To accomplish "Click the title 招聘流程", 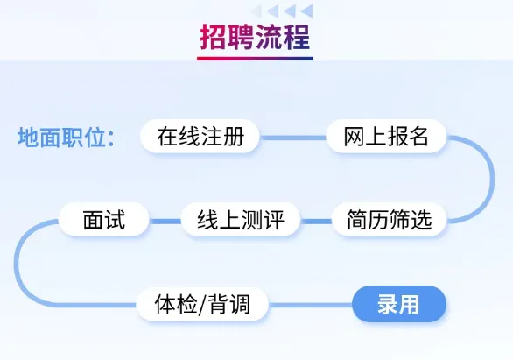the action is pos(255,37).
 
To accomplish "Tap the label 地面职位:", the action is pos(66,137).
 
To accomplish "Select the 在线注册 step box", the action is pos(200,136).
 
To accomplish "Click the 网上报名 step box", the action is pos(386,136).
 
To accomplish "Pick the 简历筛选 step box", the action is pos(390,219).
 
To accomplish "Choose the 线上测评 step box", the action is pos(241,219).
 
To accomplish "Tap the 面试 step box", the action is pos(103,219).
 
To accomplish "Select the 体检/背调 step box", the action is pos(202,304).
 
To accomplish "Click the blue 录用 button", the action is pos(399,304).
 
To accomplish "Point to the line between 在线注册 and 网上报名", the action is pos(293,138).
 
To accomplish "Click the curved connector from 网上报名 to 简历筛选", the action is pos(492,180).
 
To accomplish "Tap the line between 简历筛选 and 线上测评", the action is pos(316,222).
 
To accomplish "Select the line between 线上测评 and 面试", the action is pos(165,222).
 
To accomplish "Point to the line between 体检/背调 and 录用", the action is pos(311,306).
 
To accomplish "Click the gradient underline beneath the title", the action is pos(255,59).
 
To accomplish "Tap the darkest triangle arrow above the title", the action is pos(307,11).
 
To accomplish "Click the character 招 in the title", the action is pos(214,37).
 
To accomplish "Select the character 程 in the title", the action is pos(297,37).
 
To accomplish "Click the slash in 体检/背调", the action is pos(202,305).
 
